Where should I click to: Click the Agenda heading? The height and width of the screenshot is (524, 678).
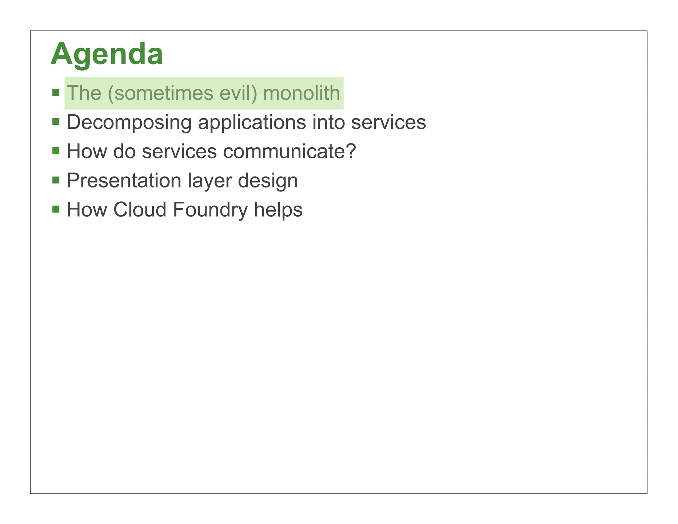pyautogui.click(x=107, y=54)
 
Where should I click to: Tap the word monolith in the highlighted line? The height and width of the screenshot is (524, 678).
pyautogui.click(x=301, y=93)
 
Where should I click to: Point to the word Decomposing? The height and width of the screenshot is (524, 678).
pyautogui.click(x=129, y=123)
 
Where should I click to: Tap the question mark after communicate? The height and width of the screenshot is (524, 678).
pyautogui.click(x=351, y=151)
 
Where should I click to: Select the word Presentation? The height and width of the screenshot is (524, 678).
pyautogui.click(x=124, y=181)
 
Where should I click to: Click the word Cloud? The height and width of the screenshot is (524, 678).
pyautogui.click(x=140, y=210)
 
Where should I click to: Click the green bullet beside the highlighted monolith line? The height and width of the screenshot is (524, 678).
pyautogui.click(x=56, y=92)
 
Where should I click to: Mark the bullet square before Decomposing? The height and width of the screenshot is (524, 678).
pyautogui.click(x=56, y=122)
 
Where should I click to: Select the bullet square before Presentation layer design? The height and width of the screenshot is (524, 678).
pyautogui.click(x=56, y=180)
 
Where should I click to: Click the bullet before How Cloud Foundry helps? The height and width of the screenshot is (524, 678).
pyautogui.click(x=56, y=209)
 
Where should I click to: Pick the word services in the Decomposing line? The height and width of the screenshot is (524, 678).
pyautogui.click(x=388, y=123)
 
